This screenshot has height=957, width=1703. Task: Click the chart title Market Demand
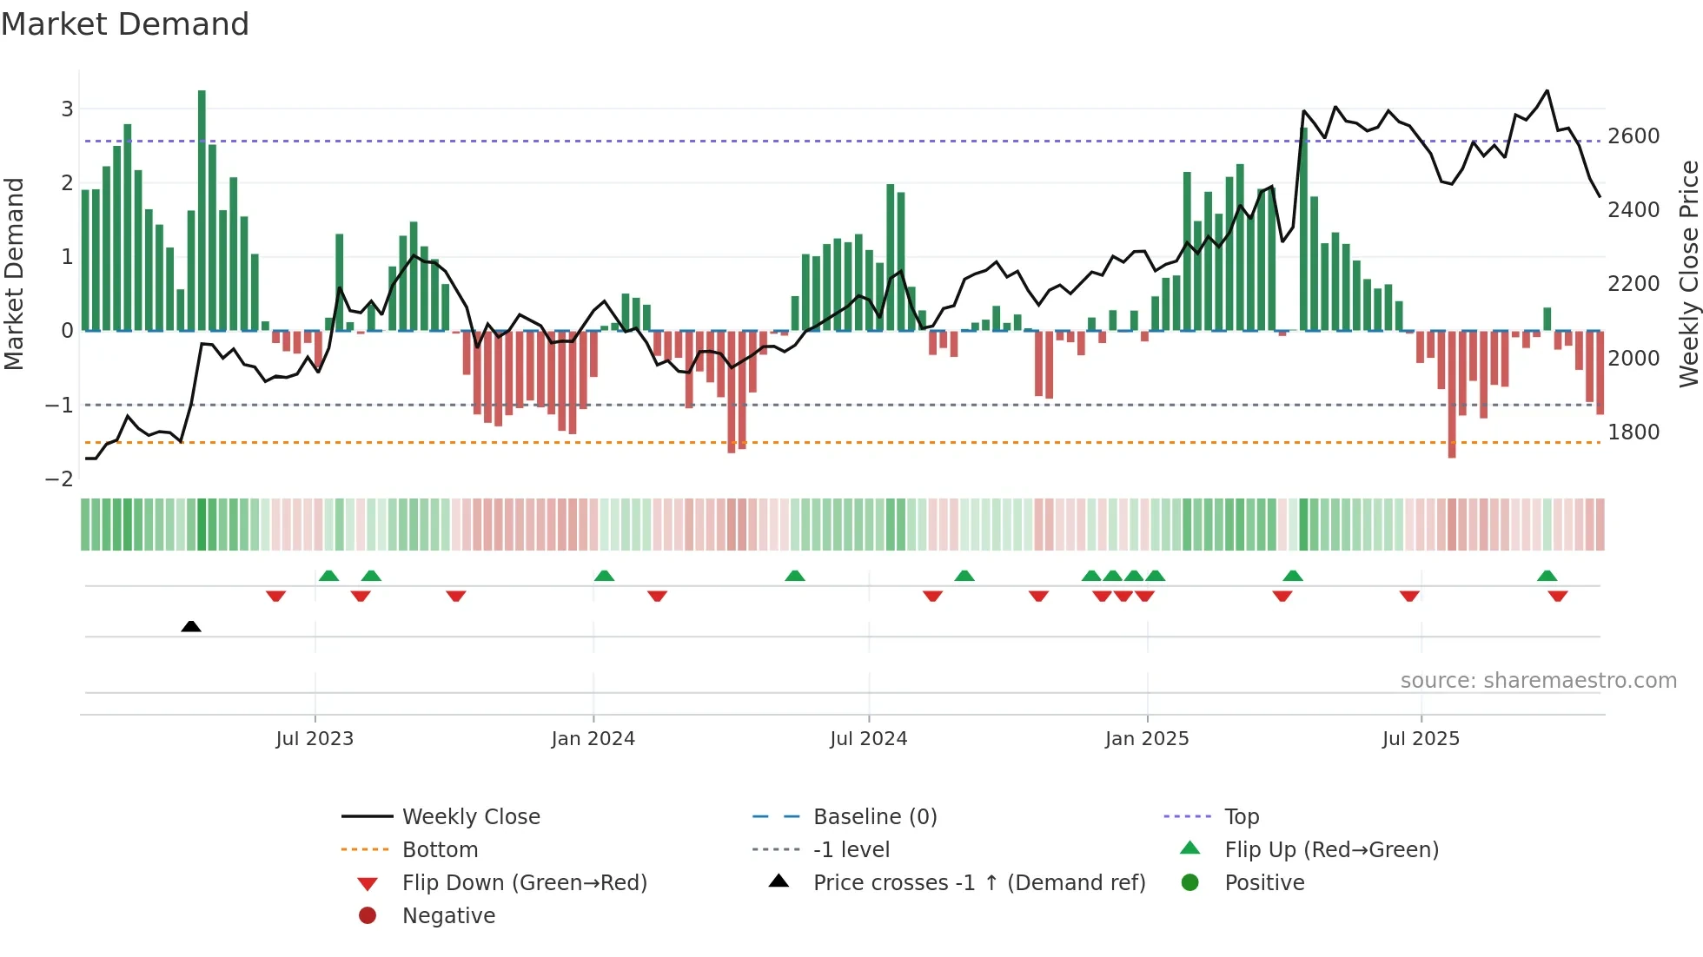pos(125,24)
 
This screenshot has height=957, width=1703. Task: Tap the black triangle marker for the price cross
pos(191,626)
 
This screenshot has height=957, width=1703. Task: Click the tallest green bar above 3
pos(202,208)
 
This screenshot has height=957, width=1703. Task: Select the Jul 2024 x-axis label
pos(868,739)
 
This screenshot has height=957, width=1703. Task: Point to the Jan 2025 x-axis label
pos(1147,739)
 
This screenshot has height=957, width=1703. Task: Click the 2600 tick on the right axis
pos(1633,136)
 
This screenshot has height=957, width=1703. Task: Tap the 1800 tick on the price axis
pos(1633,432)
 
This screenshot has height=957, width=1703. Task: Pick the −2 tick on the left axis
pos(59,479)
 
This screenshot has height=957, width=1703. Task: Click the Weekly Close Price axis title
pos(1688,274)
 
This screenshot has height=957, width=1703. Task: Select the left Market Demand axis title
pos(14,274)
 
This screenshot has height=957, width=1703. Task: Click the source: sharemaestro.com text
pos(1538,681)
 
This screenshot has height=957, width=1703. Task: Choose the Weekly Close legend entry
pos(471,817)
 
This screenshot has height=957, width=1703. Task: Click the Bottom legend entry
pos(440,850)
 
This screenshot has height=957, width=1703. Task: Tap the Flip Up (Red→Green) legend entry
pos(1331,850)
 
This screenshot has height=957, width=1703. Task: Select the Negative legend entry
pos(448,916)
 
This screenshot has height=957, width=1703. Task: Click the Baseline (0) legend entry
pos(875,817)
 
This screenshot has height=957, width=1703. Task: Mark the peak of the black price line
pos(1547,91)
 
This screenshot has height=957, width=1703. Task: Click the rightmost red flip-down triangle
pos(1558,596)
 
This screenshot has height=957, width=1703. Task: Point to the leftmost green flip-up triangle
pos(328,576)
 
